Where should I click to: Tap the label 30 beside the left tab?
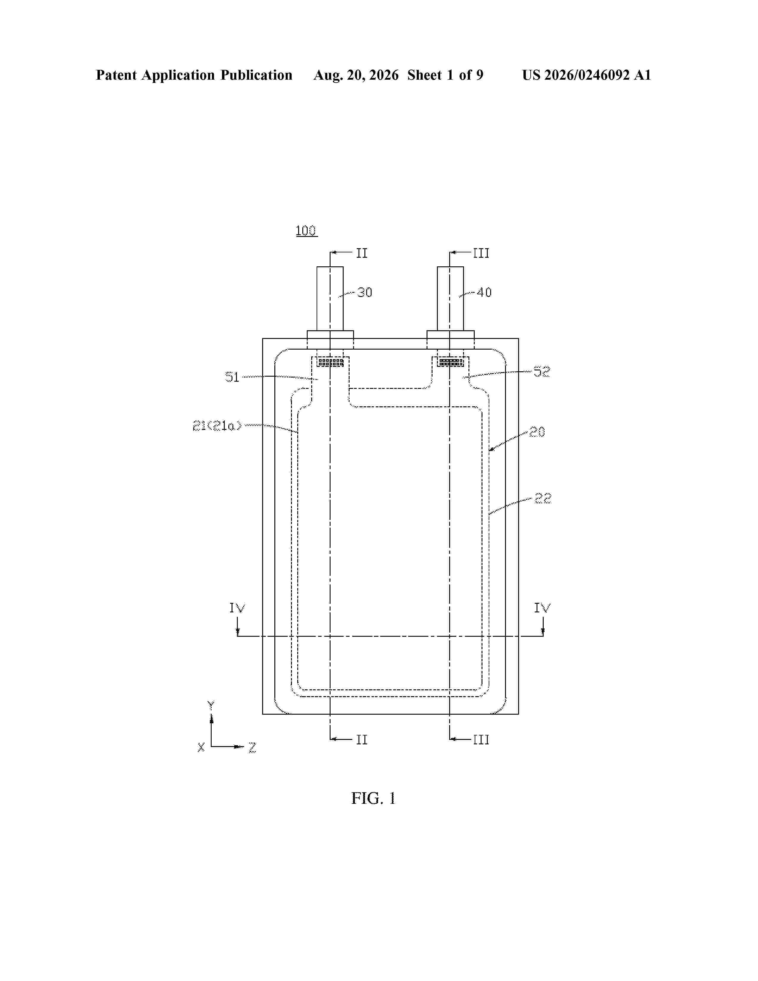[365, 293]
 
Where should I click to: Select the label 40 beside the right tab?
[484, 293]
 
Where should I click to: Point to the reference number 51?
[232, 377]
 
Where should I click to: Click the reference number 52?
[542, 372]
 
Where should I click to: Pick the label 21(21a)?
[217, 425]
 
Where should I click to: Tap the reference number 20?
[537, 432]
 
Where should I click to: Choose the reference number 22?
[542, 498]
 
